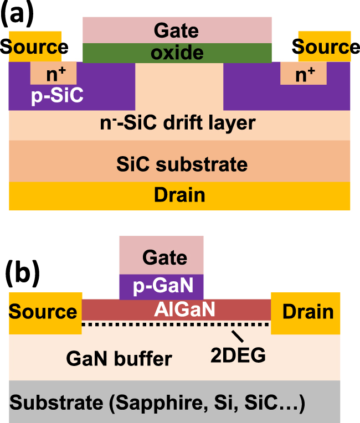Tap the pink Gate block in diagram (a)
pyautogui.click(x=177, y=30)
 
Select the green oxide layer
pyautogui.click(x=177, y=53)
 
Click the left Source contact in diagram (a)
pyautogui.click(x=34, y=47)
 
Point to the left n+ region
pyautogui.click(x=53, y=73)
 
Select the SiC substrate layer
pyautogui.click(x=179, y=164)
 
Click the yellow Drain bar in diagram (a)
pyautogui.click(x=179, y=195)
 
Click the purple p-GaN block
pyautogui.click(x=162, y=287)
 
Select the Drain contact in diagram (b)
pyautogui.click(x=308, y=312)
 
